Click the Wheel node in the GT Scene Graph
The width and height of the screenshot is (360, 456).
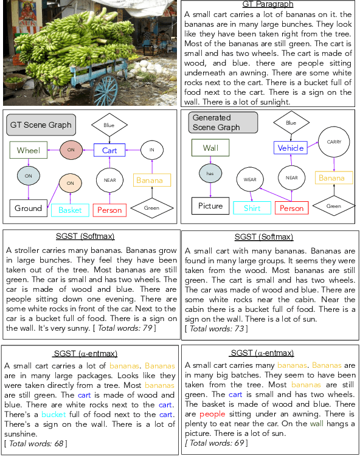pyautogui.click(x=29, y=150)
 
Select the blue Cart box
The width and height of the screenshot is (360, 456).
pyautogui.click(x=109, y=150)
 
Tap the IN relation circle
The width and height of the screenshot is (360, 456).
pyautogui.click(x=152, y=150)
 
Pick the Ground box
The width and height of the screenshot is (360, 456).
pyautogui.click(x=29, y=208)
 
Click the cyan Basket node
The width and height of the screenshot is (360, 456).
pyautogui.click(x=70, y=210)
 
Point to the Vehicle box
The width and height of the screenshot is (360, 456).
pyautogui.click(x=291, y=148)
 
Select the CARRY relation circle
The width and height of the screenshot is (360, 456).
pyautogui.click(x=334, y=142)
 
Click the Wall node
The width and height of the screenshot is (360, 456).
pyautogui.click(x=210, y=148)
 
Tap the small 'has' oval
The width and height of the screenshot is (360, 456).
pyautogui.click(x=210, y=173)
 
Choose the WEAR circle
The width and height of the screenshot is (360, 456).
pyautogui.click(x=250, y=179)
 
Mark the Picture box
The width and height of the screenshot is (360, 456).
pyautogui.click(x=210, y=206)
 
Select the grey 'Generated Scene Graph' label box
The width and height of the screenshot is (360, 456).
pyautogui.click(x=223, y=122)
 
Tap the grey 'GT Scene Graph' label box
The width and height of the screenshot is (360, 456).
pyautogui.click(x=41, y=125)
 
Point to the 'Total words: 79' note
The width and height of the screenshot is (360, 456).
pyautogui.click(x=124, y=328)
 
